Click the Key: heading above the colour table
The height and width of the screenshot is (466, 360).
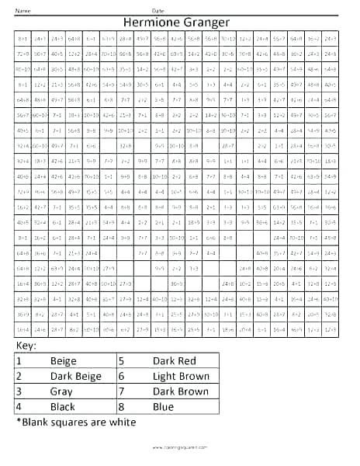point(26,344)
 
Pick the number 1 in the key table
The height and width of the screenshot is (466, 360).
point(19,361)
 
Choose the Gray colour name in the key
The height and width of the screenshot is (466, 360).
point(61,391)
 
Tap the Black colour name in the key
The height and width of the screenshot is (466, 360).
point(63,406)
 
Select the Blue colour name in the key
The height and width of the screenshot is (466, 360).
point(164,406)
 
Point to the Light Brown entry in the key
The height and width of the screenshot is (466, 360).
point(181,377)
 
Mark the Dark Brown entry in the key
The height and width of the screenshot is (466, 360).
point(181,391)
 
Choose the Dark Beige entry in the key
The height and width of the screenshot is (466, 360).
point(75,377)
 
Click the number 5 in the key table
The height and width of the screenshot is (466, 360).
point(122,361)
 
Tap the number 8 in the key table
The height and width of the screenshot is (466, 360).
point(122,406)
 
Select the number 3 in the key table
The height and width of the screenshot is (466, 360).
point(19,391)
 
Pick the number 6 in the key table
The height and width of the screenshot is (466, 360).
point(122,377)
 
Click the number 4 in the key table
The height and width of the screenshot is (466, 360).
point(19,406)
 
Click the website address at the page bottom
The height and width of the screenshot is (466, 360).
point(179,449)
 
